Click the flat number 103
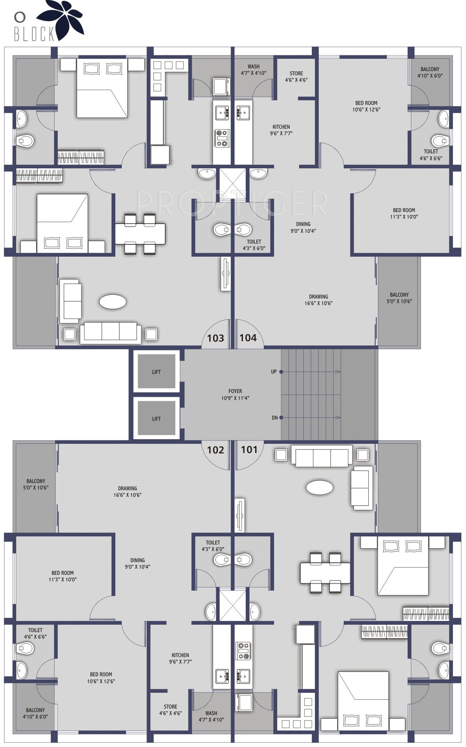tap(215, 338)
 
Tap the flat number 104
tap(248, 338)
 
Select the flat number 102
tap(215, 450)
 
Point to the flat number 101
tap(249, 450)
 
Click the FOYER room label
tap(235, 391)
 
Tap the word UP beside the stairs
tap(274, 372)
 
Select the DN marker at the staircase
tap(275, 418)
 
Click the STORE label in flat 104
tap(296, 73)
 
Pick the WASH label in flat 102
tap(211, 713)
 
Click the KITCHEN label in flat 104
tap(281, 127)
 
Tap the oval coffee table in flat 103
tap(113, 302)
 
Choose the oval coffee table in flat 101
tap(320, 488)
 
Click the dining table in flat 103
tap(140, 234)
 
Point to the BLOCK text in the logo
tap(34, 33)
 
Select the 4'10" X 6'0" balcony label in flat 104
tap(430, 76)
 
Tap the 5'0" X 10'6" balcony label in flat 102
tap(36, 488)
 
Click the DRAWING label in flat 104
tap(318, 297)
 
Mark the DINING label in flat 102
tap(137, 560)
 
